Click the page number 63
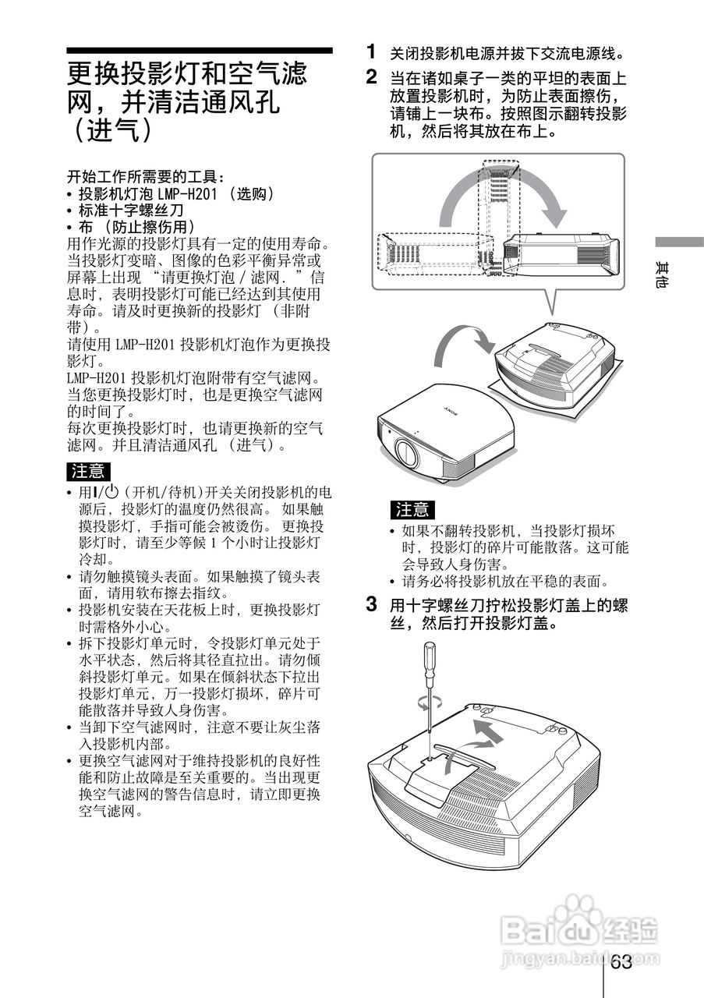621,962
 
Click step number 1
373,51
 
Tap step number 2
373,77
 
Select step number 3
373,604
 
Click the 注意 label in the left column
88,471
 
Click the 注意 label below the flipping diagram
412,510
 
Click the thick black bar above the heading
199,51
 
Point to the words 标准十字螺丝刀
131,211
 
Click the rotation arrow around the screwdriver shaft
423,701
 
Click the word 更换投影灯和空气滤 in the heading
187,75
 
